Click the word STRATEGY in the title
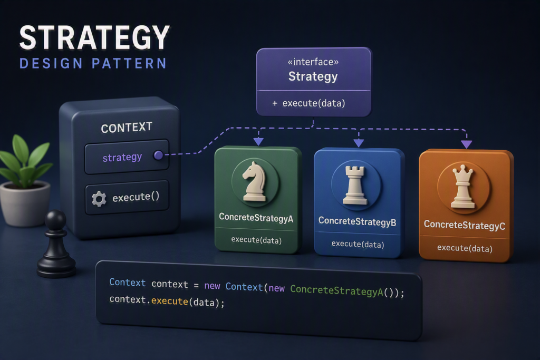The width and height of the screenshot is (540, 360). (94, 37)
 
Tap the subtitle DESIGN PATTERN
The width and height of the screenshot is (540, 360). (93, 64)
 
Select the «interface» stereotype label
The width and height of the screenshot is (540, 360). (313, 62)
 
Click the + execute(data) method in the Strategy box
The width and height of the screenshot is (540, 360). (308, 103)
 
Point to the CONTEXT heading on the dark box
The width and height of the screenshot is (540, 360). (127, 128)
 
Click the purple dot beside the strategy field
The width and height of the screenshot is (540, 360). (158, 155)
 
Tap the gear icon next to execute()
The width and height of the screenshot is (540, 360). (99, 199)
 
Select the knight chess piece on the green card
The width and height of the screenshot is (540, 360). (255, 181)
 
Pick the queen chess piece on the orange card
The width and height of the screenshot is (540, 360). (463, 187)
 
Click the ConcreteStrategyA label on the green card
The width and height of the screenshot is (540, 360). (256, 218)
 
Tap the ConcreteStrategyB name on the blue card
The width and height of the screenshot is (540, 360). (357, 221)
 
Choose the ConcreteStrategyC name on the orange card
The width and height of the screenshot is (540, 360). (465, 225)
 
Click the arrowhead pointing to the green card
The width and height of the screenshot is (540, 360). (258, 141)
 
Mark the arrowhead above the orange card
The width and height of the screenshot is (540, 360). (467, 144)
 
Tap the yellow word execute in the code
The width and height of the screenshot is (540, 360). (169, 301)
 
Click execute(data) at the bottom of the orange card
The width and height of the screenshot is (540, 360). (465, 248)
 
